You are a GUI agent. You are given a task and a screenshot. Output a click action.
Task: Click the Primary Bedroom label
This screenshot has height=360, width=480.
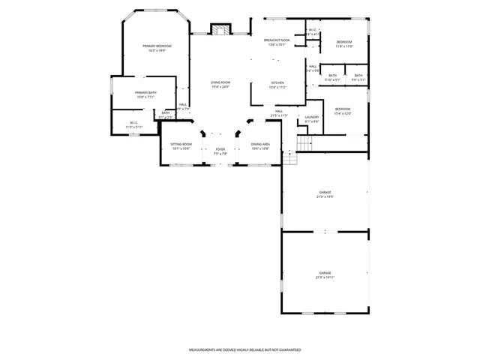coord(157,48)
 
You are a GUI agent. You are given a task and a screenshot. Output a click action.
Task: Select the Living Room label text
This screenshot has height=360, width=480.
coord(220,84)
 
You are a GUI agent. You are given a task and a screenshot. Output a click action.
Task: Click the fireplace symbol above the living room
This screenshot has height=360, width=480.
coord(220,31)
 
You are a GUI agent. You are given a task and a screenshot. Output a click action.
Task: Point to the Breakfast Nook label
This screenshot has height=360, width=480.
coord(277,42)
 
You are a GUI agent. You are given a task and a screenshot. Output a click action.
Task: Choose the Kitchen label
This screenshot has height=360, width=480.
coord(278,85)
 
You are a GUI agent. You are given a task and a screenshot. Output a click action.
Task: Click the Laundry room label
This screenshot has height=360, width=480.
coord(312,118)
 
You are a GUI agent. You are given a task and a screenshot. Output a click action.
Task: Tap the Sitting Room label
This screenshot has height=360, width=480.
coord(181,145)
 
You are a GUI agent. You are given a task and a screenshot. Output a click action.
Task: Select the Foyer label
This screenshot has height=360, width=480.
coord(220,151)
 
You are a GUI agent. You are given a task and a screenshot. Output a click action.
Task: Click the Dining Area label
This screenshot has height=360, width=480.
coord(260,145)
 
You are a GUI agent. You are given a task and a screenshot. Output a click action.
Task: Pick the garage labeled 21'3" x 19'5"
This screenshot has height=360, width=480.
coord(325,194)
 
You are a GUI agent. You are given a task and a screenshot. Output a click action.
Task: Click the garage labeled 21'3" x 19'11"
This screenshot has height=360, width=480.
coord(325,274)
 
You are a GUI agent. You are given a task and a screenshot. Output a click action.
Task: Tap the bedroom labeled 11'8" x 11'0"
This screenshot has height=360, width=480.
coord(344,43)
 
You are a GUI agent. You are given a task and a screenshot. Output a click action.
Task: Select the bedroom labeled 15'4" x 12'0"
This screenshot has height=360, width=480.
coord(343,112)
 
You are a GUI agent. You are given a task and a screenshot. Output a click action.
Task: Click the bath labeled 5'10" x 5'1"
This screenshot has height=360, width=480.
coord(332,76)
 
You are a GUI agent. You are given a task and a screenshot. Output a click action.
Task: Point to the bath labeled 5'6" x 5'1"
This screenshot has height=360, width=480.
coord(358,76)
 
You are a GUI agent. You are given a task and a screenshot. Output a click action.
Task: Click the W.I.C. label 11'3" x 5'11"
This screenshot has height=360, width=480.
coord(133,124)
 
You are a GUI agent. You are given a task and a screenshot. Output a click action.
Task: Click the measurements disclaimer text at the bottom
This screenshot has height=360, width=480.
coord(244,349)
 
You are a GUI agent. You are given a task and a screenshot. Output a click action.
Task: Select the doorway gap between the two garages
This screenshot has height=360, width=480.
coord(325,232)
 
